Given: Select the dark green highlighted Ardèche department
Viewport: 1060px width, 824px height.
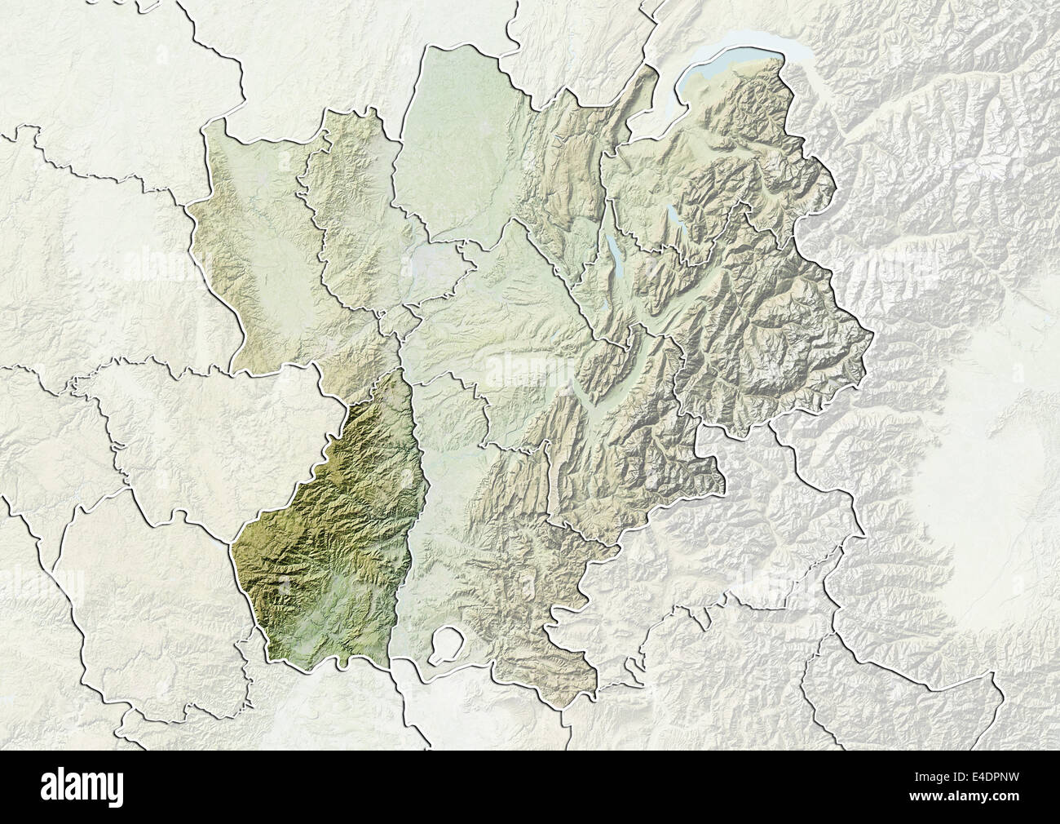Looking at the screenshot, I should coord(334,530).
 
